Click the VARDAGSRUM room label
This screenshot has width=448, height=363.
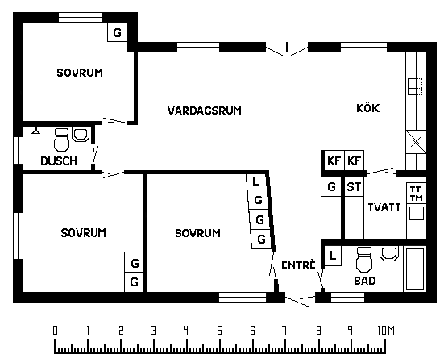pos(205,111)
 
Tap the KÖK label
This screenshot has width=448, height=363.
pos(368,108)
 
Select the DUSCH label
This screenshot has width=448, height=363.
pos(59,161)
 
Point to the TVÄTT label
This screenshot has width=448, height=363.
pos(384,207)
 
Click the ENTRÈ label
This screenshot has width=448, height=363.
pos(299,265)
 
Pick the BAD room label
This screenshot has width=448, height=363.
pos(365,281)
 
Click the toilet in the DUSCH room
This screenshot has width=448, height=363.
pos(61,140)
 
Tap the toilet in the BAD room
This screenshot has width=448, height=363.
pos(364,260)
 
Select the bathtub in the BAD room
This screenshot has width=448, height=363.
pos(415,269)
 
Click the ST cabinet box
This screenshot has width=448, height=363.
pos(354,187)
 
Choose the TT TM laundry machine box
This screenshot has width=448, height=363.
pos(417,194)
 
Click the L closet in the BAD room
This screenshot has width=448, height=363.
pos(333,256)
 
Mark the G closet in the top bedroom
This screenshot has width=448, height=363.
pos(117,32)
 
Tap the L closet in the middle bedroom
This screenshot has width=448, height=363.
pos(255,181)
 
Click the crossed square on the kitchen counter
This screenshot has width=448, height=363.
pos(416,142)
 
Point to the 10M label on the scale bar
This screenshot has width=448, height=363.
pos(386,331)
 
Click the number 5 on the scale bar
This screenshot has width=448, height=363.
pos(219,331)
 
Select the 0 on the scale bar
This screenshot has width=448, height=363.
pos(55,331)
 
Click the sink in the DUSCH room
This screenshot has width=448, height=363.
pos(81,135)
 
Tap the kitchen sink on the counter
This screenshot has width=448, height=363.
pos(415,86)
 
